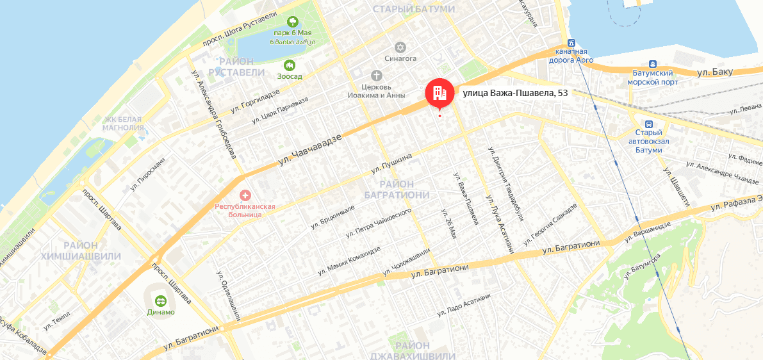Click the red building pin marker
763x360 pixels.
tap(439, 94)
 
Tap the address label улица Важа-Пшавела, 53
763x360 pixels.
tap(515, 93)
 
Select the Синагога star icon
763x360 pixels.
tap(401, 47)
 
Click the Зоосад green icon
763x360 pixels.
tap(290, 65)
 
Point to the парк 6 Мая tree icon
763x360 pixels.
tap(293, 22)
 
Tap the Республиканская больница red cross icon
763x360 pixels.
tap(245, 194)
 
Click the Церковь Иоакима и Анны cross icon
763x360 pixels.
tap(376, 74)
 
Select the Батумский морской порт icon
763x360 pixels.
tap(653, 64)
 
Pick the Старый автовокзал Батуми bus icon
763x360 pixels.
tap(649, 124)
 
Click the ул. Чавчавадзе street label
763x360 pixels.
tap(309, 147)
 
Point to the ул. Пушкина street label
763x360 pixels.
tap(391, 163)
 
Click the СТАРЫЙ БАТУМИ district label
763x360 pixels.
tap(413, 9)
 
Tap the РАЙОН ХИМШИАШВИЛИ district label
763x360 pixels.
tap(81, 250)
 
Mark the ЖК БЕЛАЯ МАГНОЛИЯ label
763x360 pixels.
tap(124, 123)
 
